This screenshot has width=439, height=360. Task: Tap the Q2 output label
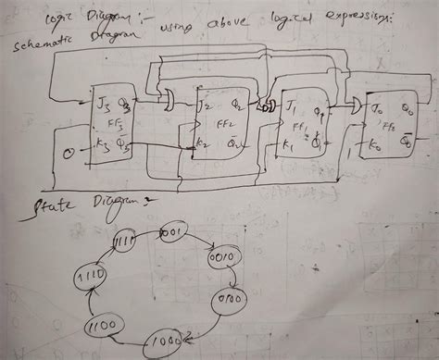241,106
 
